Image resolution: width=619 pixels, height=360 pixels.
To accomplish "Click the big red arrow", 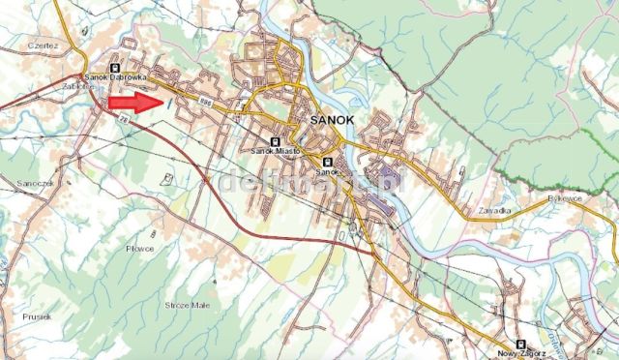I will point(133,101).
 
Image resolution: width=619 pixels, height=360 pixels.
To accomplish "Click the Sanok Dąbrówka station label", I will point(115,78).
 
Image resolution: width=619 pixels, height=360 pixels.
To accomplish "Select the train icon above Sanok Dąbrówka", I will point(116,68).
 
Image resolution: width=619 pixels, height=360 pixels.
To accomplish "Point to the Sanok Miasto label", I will point(276,151).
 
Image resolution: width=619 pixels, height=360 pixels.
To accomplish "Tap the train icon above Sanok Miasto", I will point(277,141).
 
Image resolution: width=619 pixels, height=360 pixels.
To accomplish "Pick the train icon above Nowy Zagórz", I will point(518,344).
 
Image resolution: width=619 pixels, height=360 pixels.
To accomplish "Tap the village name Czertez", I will point(44,45).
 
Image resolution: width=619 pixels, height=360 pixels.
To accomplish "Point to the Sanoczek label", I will point(34,182).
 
